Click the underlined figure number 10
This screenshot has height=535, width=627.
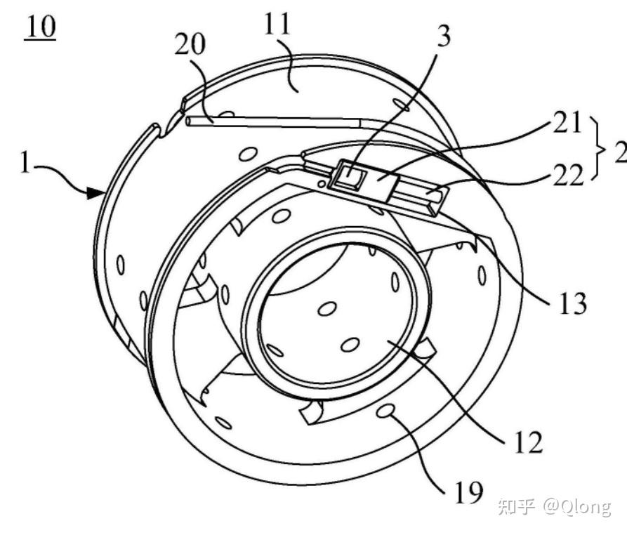[40, 27]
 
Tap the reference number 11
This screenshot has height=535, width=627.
[277, 23]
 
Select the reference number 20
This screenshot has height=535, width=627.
[190, 44]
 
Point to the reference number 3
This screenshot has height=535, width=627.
[444, 35]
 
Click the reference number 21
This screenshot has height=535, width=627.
[567, 122]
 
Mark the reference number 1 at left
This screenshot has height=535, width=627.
[25, 163]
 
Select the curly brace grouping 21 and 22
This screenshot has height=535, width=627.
[599, 149]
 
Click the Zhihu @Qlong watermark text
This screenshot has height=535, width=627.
[555, 506]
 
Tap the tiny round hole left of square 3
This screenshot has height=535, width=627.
[321, 183]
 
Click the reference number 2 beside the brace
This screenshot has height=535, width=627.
[621, 152]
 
